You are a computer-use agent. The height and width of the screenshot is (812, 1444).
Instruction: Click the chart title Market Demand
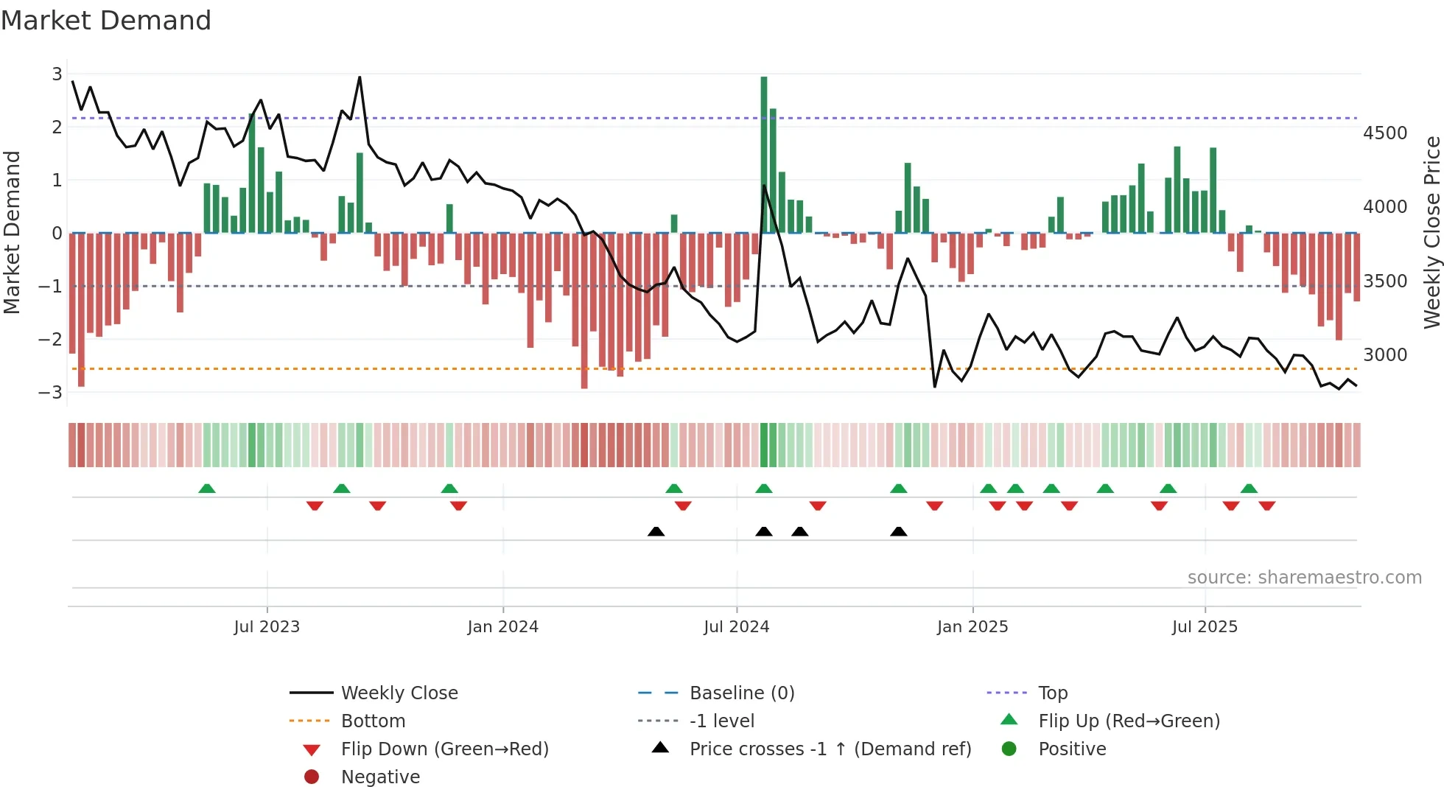(106, 21)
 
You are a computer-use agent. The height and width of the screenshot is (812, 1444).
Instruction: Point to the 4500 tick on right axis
(1384, 133)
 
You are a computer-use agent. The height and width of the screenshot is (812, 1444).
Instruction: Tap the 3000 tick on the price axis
(1384, 355)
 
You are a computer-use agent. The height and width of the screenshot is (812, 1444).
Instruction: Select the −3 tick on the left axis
(51, 392)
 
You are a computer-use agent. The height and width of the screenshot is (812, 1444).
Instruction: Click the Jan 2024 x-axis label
(502, 627)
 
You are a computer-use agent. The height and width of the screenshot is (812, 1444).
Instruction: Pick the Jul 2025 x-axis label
(1205, 627)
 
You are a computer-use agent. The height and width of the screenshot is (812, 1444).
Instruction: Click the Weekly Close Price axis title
(1431, 232)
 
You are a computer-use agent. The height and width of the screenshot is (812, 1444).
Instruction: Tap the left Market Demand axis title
(13, 232)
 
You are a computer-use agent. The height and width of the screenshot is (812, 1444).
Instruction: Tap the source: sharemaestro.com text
(1304, 578)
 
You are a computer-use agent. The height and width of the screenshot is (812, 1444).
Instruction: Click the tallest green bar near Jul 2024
(764, 155)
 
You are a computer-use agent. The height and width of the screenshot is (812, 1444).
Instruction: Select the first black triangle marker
(656, 532)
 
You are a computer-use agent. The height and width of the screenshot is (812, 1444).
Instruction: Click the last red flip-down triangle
(1267, 505)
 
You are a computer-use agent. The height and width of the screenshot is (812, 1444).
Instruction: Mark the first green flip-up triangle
(207, 489)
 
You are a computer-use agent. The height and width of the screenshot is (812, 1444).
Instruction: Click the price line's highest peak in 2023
(360, 77)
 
